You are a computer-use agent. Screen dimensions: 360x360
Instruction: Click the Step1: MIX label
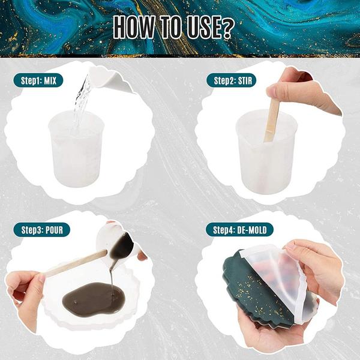point(38,80)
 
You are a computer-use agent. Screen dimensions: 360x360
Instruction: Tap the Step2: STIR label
point(232,80)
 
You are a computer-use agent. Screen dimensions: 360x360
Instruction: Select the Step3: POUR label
point(41,230)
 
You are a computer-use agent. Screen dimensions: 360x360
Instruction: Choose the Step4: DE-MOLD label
point(239,230)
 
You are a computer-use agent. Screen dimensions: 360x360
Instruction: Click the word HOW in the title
point(134,27)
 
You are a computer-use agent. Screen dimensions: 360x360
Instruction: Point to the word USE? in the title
point(211,27)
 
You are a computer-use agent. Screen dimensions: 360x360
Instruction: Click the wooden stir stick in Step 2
point(272,119)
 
